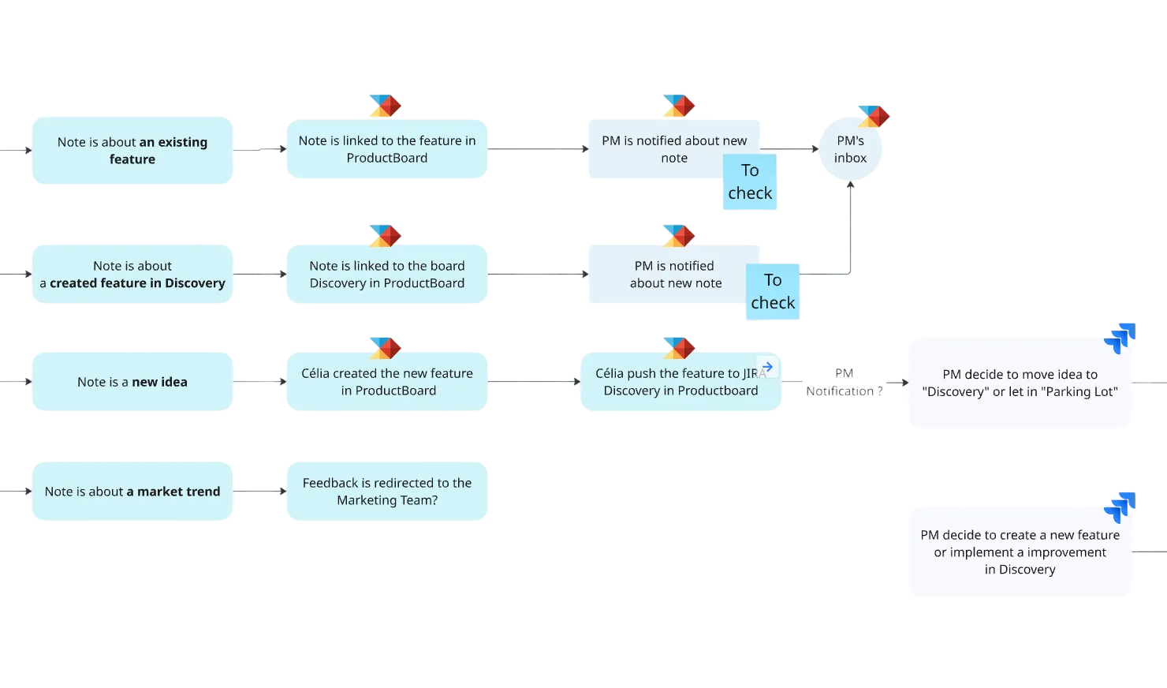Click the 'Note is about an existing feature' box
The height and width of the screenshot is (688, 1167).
pyautogui.click(x=132, y=151)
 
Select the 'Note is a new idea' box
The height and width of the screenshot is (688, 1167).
pyautogui.click(x=132, y=382)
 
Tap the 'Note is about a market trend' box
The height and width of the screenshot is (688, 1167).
pyautogui.click(x=132, y=492)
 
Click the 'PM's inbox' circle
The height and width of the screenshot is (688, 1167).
pyautogui.click(x=850, y=150)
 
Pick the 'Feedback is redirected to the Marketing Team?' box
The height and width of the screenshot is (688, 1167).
pyautogui.click(x=387, y=492)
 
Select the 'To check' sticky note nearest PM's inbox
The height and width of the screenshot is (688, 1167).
pyautogui.click(x=750, y=183)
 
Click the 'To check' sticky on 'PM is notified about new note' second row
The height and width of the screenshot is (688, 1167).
pyautogui.click(x=773, y=292)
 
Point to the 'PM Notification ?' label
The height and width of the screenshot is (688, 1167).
pyautogui.click(x=844, y=383)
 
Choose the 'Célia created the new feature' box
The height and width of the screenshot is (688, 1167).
pyautogui.click(x=387, y=382)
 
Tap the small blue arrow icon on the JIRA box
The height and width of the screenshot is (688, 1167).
pyautogui.click(x=767, y=367)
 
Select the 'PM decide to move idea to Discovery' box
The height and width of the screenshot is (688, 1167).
pyautogui.click(x=1020, y=383)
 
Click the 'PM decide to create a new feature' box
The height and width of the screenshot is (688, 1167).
pyautogui.click(x=1020, y=552)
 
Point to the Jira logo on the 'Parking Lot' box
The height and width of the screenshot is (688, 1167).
pyautogui.click(x=1120, y=337)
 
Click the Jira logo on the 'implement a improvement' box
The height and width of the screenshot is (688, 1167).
pyautogui.click(x=1120, y=507)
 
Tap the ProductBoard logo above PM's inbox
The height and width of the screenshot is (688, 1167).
pyautogui.click(x=874, y=116)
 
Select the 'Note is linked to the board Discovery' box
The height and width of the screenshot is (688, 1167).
pyautogui.click(x=387, y=275)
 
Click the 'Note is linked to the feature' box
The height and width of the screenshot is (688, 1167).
pyautogui.click(x=387, y=149)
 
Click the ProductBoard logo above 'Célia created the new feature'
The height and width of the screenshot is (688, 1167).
pyautogui.click(x=385, y=347)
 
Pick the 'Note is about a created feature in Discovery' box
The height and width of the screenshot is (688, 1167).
pyautogui.click(x=132, y=275)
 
